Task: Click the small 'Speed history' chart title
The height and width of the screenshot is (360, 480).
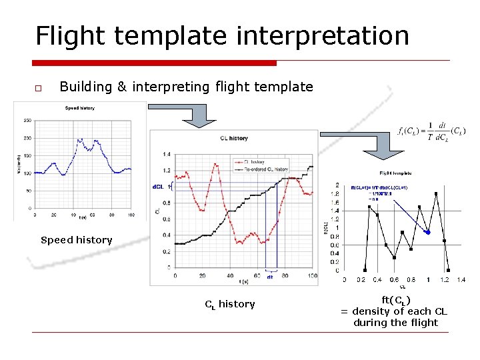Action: [79, 108]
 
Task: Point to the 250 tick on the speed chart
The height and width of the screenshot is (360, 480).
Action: [27, 121]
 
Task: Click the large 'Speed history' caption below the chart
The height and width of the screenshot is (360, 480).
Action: [77, 240]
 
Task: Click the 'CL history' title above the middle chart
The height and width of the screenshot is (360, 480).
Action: [233, 139]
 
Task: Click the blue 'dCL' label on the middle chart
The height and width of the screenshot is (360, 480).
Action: [158, 187]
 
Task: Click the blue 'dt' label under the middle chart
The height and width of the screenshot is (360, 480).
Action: [270, 277]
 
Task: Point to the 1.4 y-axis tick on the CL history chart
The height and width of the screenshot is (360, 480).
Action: [166, 154]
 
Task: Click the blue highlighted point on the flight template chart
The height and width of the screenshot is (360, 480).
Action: [428, 233]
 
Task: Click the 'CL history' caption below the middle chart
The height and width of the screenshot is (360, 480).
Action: [230, 304]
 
